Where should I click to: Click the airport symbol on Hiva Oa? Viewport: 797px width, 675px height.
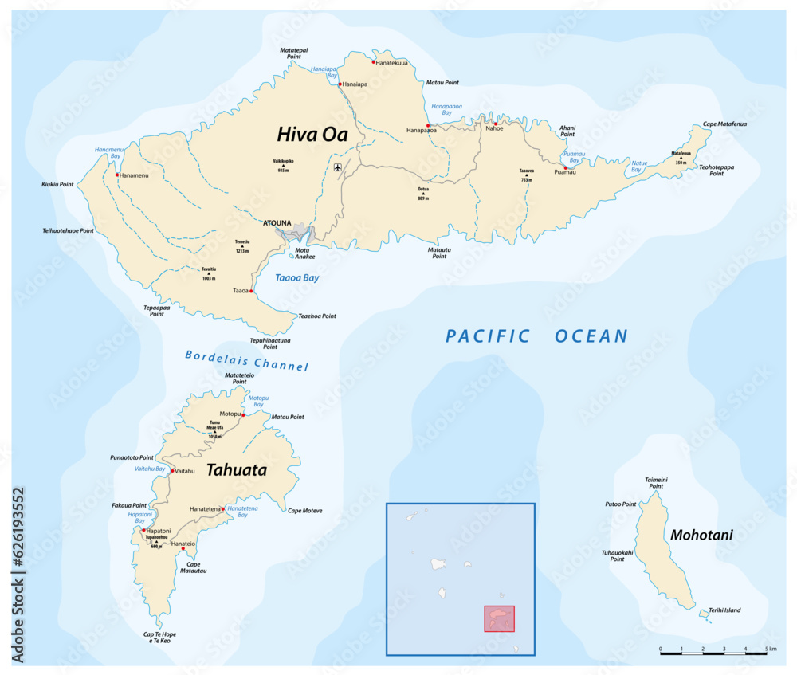pyautogui.click(x=338, y=167)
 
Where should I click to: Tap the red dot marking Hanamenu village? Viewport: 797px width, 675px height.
pyautogui.click(x=117, y=175)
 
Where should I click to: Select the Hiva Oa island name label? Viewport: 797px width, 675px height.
pyautogui.click(x=312, y=134)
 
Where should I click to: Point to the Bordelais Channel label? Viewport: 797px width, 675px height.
pyautogui.click(x=246, y=360)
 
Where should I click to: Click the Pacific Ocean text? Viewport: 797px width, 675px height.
pyautogui.click(x=536, y=336)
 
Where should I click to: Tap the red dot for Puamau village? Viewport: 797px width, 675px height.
pyautogui.click(x=566, y=168)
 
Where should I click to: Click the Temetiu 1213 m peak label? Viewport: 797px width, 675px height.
pyautogui.click(x=242, y=245)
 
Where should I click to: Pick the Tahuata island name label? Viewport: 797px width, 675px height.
pyautogui.click(x=236, y=470)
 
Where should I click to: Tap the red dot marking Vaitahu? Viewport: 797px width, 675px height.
pyautogui.click(x=172, y=471)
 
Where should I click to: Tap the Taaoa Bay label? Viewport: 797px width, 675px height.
pyautogui.click(x=296, y=278)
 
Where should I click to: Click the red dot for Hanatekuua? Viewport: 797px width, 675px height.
pyautogui.click(x=373, y=61)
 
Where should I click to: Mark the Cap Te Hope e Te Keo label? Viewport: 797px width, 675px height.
pyautogui.click(x=159, y=638)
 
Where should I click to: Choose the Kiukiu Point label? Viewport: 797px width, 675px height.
pyautogui.click(x=57, y=184)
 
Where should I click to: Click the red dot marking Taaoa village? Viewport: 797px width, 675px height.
pyautogui.click(x=251, y=292)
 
